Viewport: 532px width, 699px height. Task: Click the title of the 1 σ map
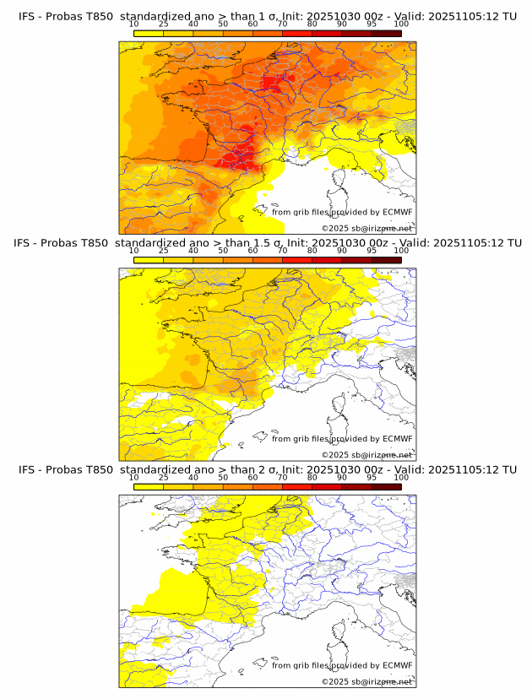[267, 16]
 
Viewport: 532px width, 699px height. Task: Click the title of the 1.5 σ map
[267, 243]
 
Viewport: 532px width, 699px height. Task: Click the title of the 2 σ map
[267, 470]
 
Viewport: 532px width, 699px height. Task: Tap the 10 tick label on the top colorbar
[134, 24]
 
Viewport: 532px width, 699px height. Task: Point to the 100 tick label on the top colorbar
[401, 24]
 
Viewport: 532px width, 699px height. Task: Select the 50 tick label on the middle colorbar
[223, 251]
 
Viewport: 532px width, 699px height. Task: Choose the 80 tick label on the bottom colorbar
[312, 478]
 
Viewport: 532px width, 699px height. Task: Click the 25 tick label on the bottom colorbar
[164, 478]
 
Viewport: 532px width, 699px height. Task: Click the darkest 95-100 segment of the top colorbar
[386, 33]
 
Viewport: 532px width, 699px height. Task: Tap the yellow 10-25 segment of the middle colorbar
[149, 260]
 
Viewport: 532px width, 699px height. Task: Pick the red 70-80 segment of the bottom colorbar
[297, 487]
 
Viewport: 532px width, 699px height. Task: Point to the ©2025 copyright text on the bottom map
[366, 681]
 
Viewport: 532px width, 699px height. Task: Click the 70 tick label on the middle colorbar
[282, 251]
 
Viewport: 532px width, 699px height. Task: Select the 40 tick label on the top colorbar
[193, 24]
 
